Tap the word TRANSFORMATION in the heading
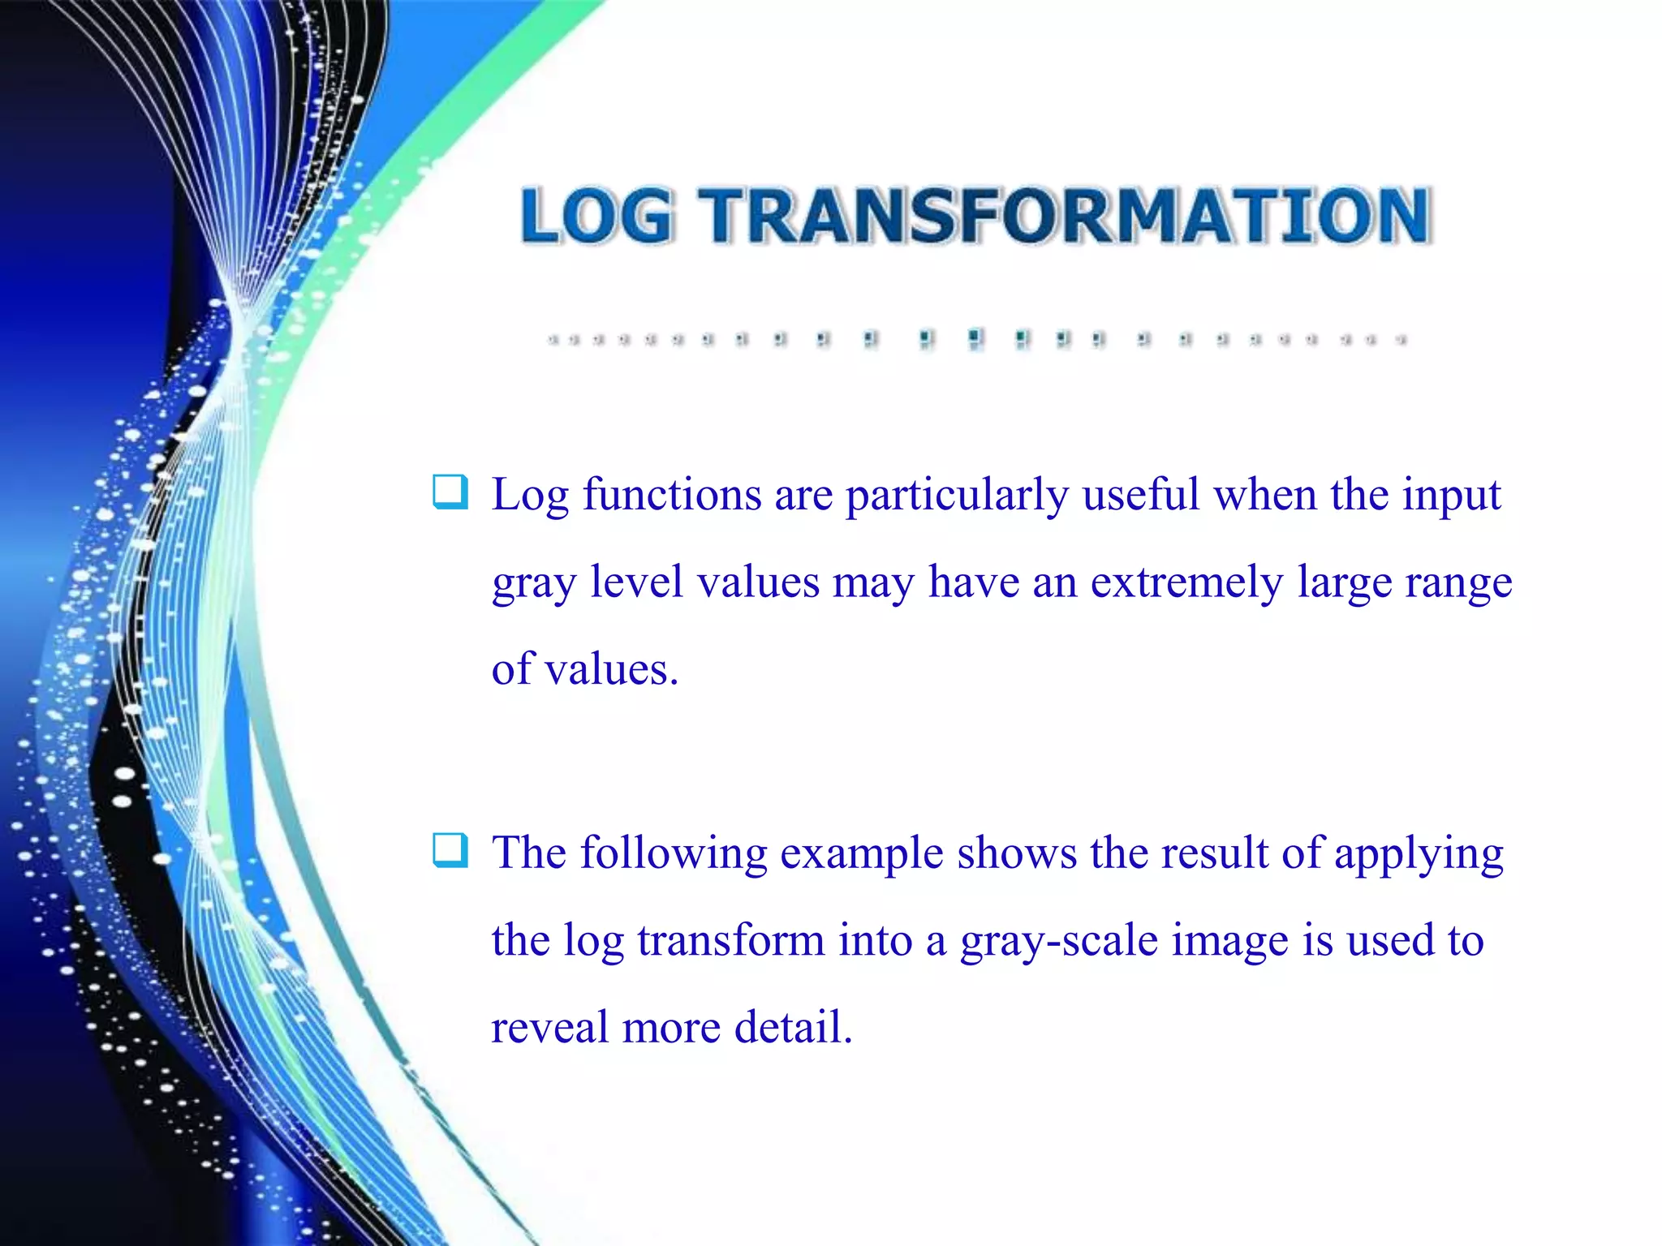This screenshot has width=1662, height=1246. (x=1066, y=216)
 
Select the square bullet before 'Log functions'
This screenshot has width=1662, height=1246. (x=450, y=492)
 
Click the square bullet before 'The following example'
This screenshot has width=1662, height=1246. (x=450, y=850)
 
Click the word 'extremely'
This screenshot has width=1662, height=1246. (x=1186, y=583)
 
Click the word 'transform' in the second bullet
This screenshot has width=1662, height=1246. (x=730, y=940)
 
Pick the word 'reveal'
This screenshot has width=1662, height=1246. (x=549, y=1027)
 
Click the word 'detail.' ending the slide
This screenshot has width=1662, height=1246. (x=794, y=1027)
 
